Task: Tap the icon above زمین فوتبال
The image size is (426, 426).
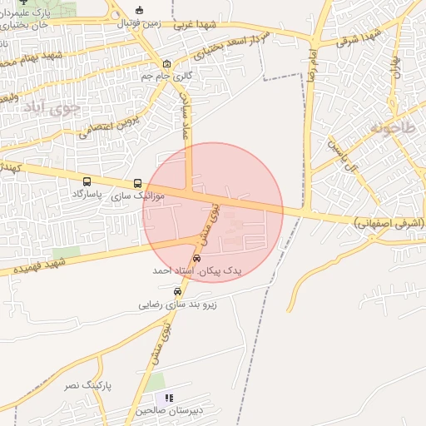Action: (139, 11)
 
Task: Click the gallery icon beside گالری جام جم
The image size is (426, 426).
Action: (167, 64)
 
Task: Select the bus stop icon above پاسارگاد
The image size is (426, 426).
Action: (87, 181)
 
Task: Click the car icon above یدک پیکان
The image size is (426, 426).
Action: (196, 258)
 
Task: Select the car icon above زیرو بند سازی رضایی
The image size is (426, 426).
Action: (177, 292)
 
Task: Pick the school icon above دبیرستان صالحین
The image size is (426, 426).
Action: (170, 399)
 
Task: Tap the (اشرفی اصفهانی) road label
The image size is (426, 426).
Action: (389, 223)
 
